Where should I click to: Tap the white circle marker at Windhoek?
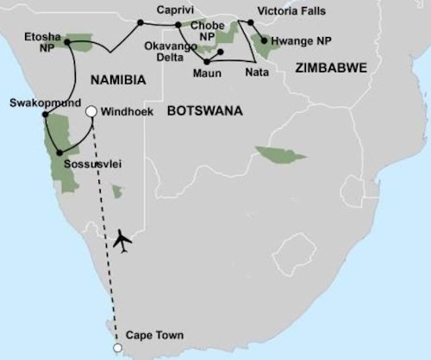(91, 111)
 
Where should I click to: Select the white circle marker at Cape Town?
(117, 348)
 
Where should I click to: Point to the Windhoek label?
(128, 111)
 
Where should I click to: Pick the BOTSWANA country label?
(204, 111)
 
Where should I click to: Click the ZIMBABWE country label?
(330, 66)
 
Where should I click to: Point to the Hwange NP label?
(301, 40)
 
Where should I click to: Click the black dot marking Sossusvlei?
(58, 153)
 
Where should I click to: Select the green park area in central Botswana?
(279, 155)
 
